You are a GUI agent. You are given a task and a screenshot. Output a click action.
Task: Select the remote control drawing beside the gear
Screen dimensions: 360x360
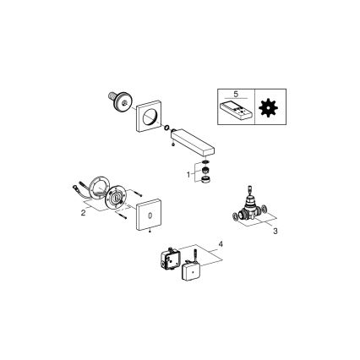[x=238, y=110]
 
